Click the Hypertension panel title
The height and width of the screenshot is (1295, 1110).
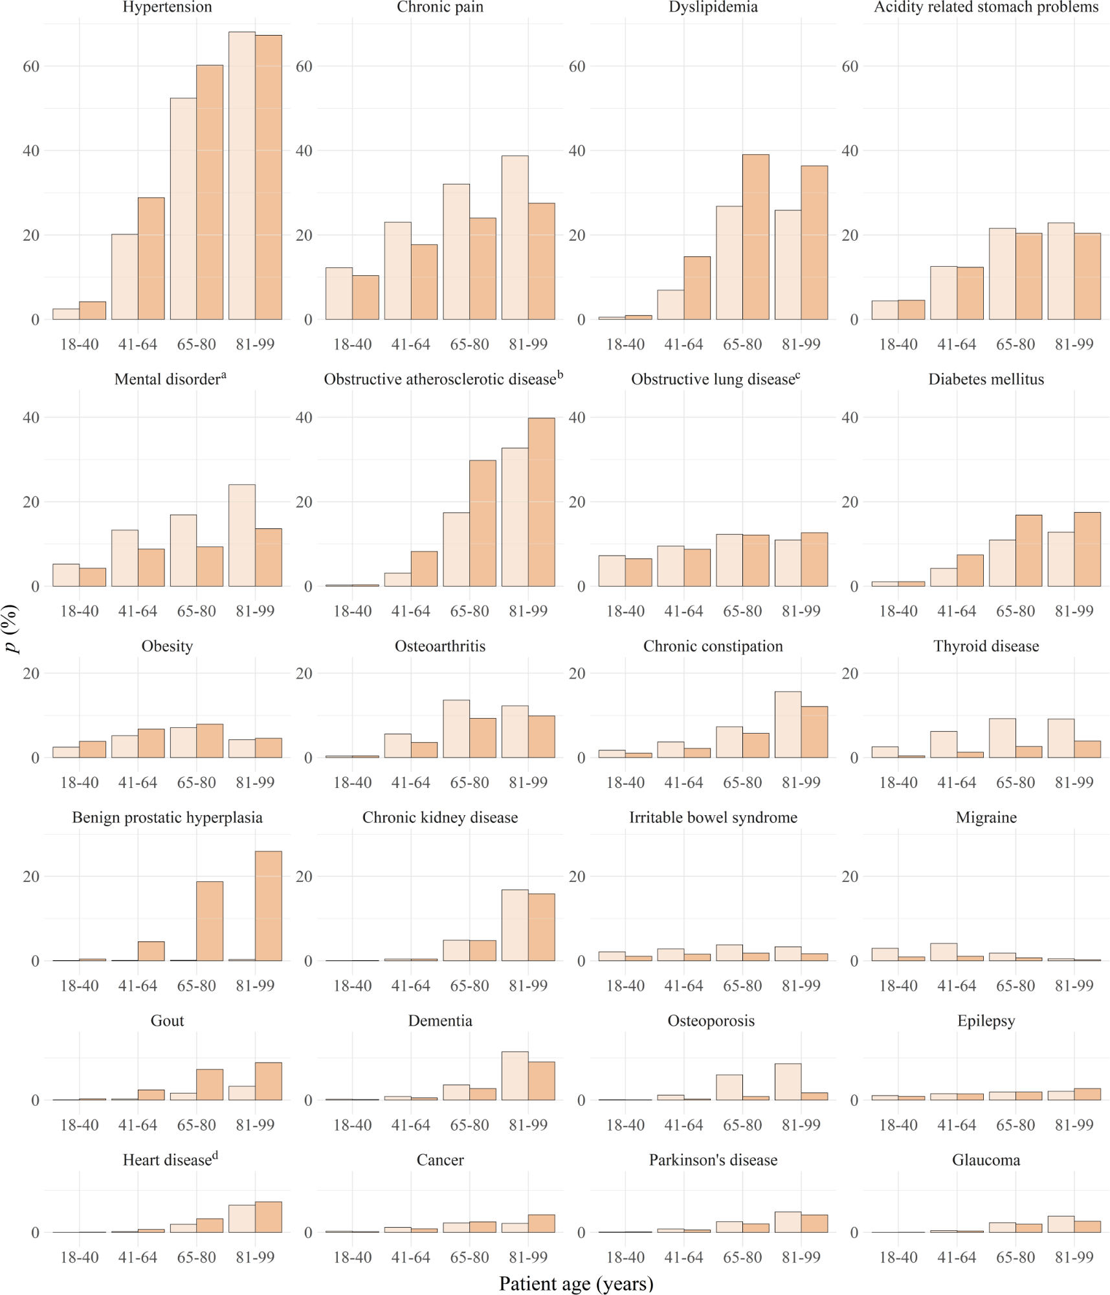[x=167, y=7]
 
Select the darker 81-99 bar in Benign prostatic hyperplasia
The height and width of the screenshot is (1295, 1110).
[x=269, y=906]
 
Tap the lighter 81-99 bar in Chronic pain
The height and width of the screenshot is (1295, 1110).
[x=515, y=238]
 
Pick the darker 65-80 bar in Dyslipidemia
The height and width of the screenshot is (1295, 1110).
[x=756, y=237]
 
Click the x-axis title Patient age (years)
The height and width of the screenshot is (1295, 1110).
[x=576, y=1283]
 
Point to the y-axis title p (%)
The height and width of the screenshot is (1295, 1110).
[x=12, y=629]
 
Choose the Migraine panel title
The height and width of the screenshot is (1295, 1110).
[x=986, y=817]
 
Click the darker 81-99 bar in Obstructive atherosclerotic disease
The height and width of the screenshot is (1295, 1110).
[x=542, y=502]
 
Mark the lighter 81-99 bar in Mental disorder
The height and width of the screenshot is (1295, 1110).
[x=242, y=535]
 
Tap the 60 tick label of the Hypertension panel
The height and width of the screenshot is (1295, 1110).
[x=31, y=66]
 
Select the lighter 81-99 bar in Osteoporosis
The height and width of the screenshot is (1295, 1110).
[x=788, y=1081]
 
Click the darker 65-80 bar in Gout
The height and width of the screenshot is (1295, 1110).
[x=210, y=1085]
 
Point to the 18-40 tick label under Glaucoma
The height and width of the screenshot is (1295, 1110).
[x=898, y=1257]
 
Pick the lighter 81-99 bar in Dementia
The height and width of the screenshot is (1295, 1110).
[x=515, y=1075]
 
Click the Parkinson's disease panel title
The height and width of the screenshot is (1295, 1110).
[x=713, y=1160]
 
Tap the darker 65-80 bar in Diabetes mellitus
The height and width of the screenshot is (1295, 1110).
[x=1029, y=550]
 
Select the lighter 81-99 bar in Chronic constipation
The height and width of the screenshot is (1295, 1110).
[x=788, y=725]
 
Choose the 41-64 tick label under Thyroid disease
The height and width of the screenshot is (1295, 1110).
[x=957, y=782]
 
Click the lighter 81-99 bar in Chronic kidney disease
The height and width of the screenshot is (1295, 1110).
[x=515, y=925]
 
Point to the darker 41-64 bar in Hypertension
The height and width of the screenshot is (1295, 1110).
[x=151, y=258]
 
